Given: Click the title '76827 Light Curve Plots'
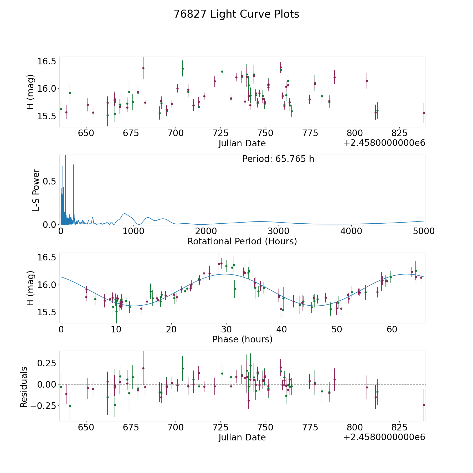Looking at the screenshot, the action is tap(236, 14).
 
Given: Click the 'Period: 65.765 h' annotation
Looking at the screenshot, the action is tap(278, 159).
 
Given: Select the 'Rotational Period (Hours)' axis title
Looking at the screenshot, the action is tap(242, 241).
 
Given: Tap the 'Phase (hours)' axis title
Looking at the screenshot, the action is tap(242, 339).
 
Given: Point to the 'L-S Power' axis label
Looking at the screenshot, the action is tap(36, 190).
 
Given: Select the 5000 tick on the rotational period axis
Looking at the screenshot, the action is tap(424, 231).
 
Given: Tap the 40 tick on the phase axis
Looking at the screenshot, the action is tap(282, 329).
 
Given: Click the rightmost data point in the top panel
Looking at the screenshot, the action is tap(424, 113).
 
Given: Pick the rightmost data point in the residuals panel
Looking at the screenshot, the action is tap(424, 405).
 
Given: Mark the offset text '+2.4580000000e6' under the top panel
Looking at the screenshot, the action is tap(384, 143).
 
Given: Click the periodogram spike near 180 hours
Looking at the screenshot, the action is tap(74, 165).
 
